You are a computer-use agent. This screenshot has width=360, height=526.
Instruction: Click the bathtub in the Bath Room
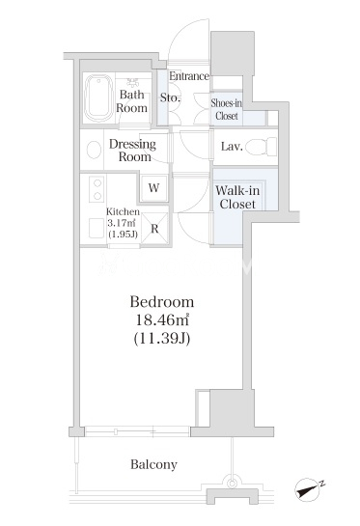[x=98, y=97]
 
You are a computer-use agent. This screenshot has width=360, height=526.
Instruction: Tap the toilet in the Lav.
[x=261, y=147]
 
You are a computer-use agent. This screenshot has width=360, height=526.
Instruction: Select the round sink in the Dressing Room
[x=94, y=150]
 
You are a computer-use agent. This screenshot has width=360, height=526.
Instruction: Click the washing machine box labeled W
[x=154, y=188]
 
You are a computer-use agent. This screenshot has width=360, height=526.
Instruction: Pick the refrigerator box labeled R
[x=154, y=228]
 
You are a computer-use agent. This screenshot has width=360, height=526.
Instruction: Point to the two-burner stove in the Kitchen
[x=97, y=189]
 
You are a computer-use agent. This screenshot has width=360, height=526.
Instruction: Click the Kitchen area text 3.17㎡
[x=121, y=223]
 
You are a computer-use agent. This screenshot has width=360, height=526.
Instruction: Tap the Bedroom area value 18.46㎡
[x=162, y=320]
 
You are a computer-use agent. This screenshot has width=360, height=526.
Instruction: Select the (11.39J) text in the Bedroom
[x=162, y=339]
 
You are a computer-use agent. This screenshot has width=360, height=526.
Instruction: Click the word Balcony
[x=153, y=464]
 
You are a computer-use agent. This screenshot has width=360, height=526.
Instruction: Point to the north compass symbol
[x=308, y=489]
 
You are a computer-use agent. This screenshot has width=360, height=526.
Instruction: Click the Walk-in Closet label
[x=237, y=197]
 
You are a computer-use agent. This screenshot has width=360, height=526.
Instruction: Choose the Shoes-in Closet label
[x=226, y=109]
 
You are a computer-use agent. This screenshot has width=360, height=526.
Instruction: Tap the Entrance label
[x=189, y=76]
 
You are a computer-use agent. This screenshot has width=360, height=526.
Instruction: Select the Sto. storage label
[x=170, y=97]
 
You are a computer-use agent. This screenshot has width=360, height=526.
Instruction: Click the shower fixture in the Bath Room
[x=133, y=82]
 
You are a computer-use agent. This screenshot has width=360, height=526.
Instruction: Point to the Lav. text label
[x=232, y=147]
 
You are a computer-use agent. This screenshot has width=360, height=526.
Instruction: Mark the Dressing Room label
[x=133, y=151]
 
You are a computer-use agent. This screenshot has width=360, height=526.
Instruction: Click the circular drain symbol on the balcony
[x=232, y=484]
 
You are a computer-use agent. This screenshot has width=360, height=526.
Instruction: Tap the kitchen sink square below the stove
[x=97, y=228]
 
